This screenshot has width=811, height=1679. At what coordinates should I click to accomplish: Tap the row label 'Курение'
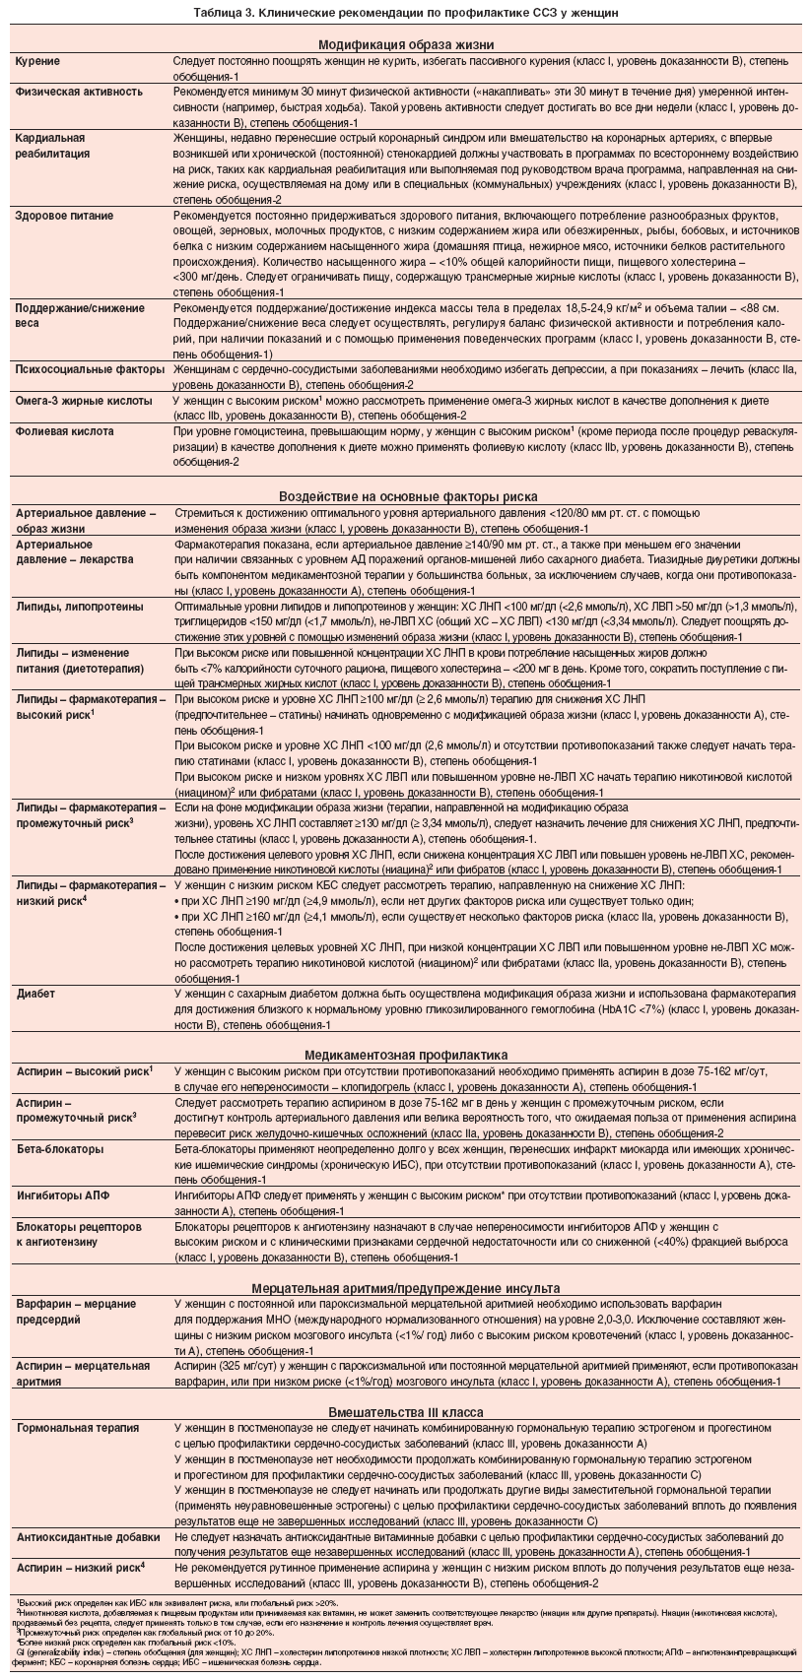click(x=38, y=61)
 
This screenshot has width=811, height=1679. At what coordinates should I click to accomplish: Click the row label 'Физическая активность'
click(x=79, y=91)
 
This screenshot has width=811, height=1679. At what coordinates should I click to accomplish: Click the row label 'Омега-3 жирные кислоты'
click(x=84, y=401)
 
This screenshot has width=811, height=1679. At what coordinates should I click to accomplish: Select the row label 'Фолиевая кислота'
click(x=64, y=431)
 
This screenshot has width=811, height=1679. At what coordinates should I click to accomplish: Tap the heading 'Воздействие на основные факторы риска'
click(x=406, y=496)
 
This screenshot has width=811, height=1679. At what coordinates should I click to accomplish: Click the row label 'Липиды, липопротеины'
click(x=80, y=607)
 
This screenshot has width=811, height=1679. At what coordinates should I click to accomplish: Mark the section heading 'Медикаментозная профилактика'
click(x=406, y=1054)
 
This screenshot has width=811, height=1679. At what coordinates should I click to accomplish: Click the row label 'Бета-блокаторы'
click(x=62, y=1149)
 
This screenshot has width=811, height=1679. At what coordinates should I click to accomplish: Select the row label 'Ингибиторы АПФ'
click(x=64, y=1195)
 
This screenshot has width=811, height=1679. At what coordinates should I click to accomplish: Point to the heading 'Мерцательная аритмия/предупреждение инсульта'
click(x=406, y=1288)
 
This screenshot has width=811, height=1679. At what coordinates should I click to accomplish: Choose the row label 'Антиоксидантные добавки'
click(x=88, y=1536)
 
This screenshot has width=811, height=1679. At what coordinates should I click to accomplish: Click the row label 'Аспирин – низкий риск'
click(x=82, y=1566)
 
